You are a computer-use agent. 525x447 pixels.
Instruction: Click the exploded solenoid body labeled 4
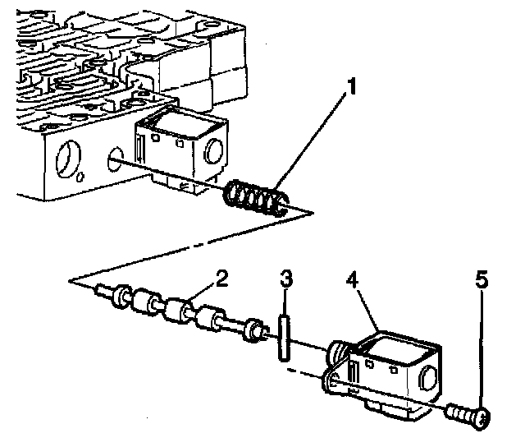[386, 370]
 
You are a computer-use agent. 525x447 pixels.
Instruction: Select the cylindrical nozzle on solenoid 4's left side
[337, 355]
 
